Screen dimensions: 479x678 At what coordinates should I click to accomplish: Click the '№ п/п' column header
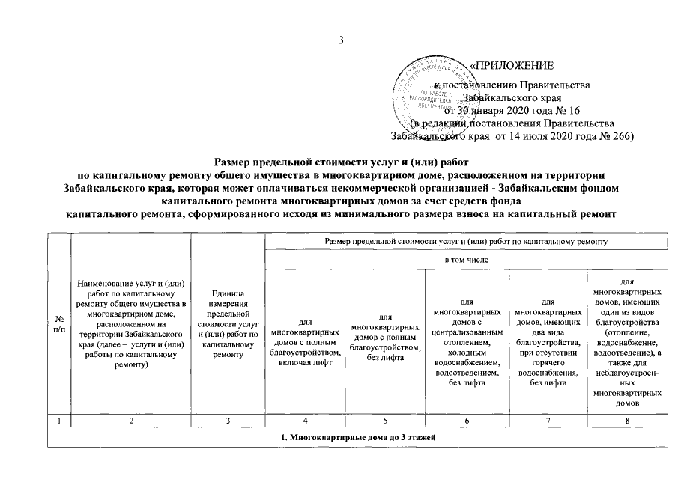click(x=58, y=324)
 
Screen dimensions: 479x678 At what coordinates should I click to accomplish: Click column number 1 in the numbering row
click(x=58, y=421)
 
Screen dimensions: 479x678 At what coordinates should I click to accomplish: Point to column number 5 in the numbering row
click(x=384, y=421)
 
